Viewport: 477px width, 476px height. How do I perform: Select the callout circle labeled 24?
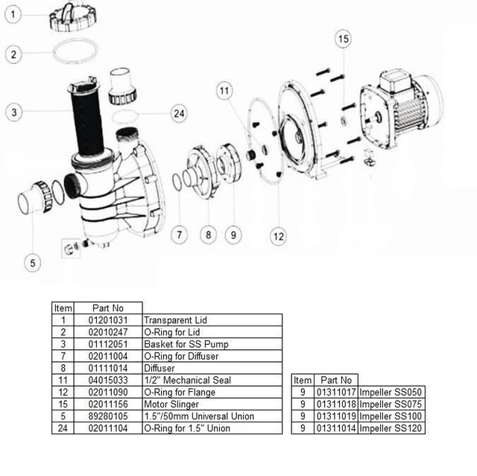point(178,113)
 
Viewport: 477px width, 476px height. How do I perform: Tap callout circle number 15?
point(342,39)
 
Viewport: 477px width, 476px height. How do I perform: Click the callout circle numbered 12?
point(278,237)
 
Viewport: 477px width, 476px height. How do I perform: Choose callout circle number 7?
point(177,235)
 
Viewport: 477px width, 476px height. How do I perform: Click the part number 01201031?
point(107,320)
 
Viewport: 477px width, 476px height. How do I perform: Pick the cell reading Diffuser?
point(160,368)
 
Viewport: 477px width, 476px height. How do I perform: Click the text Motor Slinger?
point(171,404)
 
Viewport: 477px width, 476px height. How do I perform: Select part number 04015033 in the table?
point(107,380)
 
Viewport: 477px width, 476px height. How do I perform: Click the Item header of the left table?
point(63,308)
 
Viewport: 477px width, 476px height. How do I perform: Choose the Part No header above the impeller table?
point(336,380)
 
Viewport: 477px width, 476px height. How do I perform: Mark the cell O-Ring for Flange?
point(180,392)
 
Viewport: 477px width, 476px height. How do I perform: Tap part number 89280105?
point(107,416)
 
